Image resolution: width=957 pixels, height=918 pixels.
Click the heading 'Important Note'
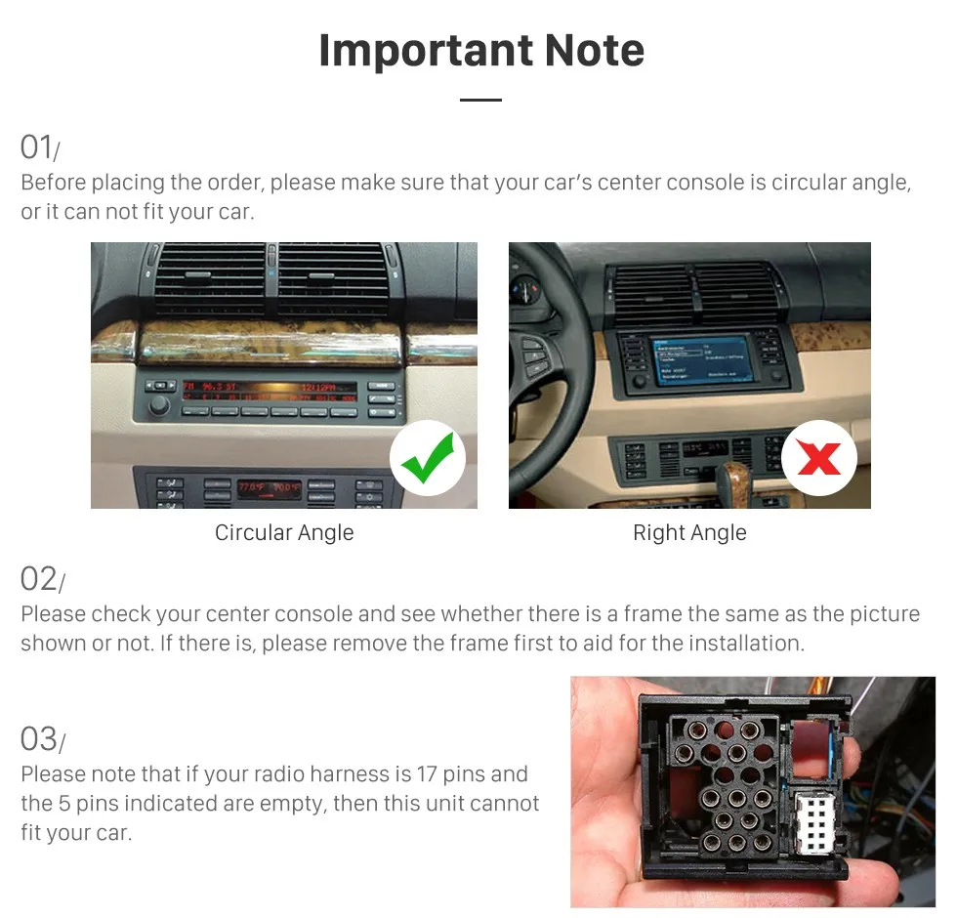[480, 51]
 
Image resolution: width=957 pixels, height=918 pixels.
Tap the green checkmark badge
[428, 458]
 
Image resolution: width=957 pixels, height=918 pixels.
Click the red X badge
[818, 458]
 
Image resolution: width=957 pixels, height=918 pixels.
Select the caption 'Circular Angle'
[284, 533]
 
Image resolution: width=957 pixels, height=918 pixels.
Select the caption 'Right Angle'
[689, 533]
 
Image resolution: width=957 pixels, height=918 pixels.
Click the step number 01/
[40, 147]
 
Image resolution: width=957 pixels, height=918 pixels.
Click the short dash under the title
[479, 100]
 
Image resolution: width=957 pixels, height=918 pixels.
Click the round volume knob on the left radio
[158, 404]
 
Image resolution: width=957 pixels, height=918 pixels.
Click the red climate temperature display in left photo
[270, 485]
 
